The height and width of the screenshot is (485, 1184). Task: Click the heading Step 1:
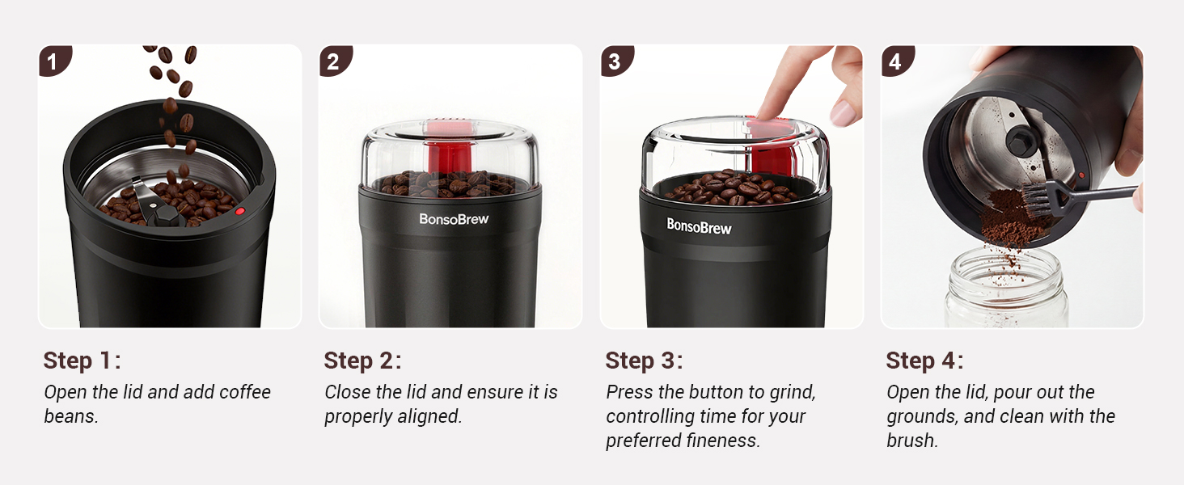(82, 361)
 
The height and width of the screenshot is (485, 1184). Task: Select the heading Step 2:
(362, 361)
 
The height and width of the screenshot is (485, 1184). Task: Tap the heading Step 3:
(644, 361)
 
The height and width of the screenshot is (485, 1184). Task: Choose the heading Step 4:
(924, 361)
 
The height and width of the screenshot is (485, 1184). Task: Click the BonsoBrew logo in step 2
(454, 218)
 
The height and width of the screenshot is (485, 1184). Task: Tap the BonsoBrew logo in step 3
(699, 226)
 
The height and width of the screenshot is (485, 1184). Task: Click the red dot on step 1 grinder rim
(239, 211)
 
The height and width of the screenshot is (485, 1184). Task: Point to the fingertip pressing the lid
(763, 113)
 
